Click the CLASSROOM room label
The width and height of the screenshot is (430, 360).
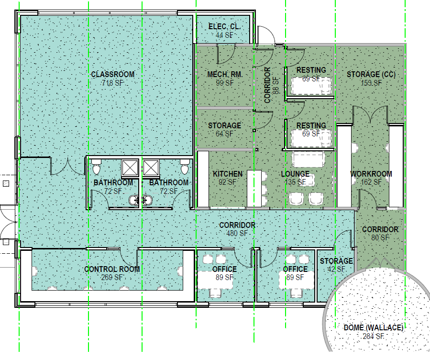[113, 74]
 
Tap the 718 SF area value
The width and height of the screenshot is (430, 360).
[113, 83]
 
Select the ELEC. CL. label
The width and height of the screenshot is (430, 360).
[224, 26]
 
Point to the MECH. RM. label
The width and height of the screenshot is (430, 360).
[224, 74]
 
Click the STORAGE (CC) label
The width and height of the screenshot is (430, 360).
[371, 74]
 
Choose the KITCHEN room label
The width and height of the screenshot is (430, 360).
[228, 174]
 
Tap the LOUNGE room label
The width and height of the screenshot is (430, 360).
[295, 174]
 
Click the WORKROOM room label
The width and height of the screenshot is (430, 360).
[371, 174]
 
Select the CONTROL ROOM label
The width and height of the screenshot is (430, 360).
[112, 269]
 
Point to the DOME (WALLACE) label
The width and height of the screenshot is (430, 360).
[374, 328]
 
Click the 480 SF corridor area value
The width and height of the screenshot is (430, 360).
[237, 233]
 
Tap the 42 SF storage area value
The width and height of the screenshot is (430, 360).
[336, 270]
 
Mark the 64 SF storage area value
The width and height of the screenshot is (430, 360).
[224, 134]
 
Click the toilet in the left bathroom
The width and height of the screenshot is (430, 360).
[97, 169]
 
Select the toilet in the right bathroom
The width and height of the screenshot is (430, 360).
[185, 169]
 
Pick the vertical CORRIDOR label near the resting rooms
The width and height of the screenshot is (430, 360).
[268, 85]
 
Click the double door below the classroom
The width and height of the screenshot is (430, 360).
[67, 166]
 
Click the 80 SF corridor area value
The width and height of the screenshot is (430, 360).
[380, 237]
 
